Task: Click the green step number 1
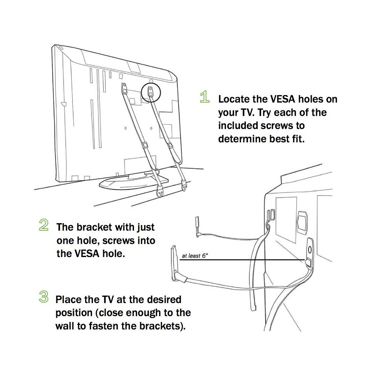(204, 97)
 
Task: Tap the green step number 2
(44, 225)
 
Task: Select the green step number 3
(44, 297)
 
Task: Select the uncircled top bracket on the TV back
(125, 88)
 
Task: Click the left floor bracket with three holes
(161, 192)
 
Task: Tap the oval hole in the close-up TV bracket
(310, 249)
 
